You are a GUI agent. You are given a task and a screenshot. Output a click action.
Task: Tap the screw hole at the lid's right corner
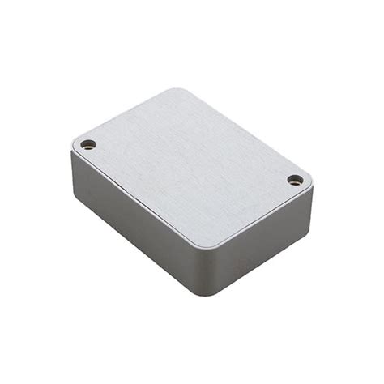pyautogui.click(x=295, y=180)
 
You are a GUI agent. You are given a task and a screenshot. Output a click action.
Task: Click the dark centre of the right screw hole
pyautogui.click(x=295, y=180)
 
